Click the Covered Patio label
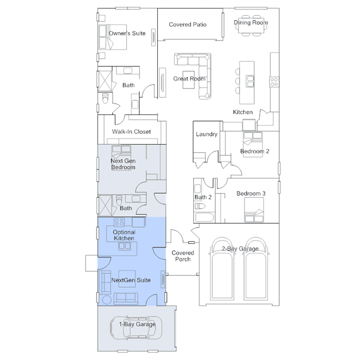click(188, 25)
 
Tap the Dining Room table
click(251, 25)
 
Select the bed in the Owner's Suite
click(113, 37)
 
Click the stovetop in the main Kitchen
click(274, 82)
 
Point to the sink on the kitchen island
click(250, 81)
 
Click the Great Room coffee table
click(189, 79)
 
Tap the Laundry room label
click(206, 134)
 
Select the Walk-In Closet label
click(131, 132)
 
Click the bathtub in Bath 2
click(205, 217)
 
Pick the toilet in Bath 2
click(199, 206)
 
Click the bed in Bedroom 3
click(254, 210)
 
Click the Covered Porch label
click(183, 256)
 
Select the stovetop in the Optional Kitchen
click(119, 222)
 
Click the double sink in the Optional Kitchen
click(125, 246)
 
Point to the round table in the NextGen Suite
click(106, 300)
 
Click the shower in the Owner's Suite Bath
click(105, 81)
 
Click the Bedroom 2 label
click(255, 152)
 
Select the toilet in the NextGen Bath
click(119, 200)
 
